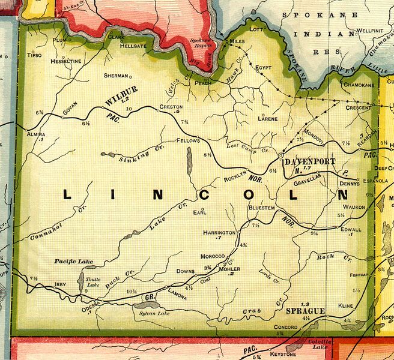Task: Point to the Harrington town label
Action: [219, 232]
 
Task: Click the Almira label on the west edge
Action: [36, 134]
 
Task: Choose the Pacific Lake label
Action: [70, 262]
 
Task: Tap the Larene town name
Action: [267, 119]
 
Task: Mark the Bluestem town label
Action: [262, 208]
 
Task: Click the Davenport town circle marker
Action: [280, 155]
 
